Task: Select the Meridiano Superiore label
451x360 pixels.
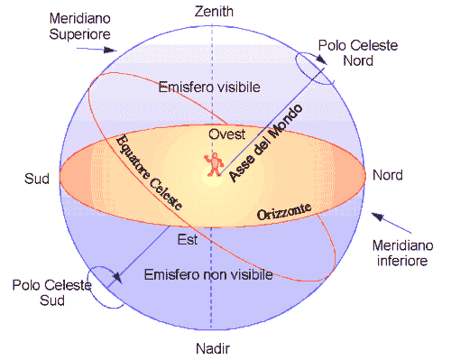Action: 81,26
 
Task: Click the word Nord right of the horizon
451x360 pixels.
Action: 388,175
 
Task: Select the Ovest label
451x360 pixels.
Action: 226,134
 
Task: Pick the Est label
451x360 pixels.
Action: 188,239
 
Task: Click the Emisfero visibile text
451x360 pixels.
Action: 209,88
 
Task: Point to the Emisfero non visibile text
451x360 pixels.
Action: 209,272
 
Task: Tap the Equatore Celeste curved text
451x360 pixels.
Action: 149,172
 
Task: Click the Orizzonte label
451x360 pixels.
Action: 284,213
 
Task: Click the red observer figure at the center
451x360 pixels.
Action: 215,163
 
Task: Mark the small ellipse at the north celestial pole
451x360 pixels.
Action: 316,66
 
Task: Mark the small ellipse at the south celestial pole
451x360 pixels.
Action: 105,288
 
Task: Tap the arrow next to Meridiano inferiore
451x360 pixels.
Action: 382,220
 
